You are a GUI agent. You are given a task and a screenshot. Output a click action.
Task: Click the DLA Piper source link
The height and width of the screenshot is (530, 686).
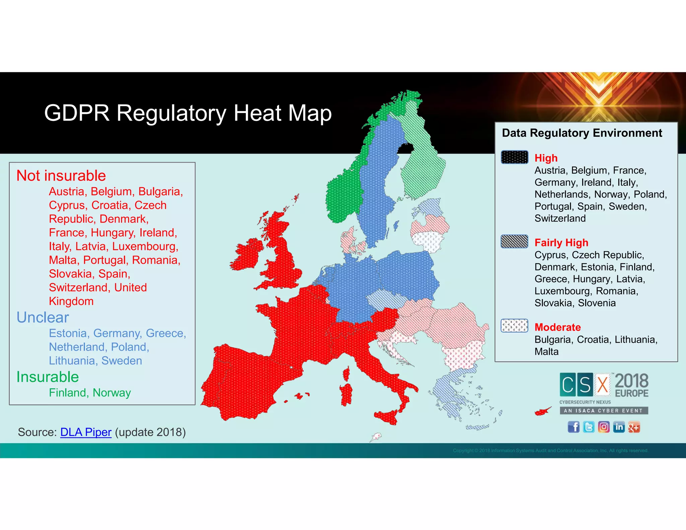[x=86, y=432]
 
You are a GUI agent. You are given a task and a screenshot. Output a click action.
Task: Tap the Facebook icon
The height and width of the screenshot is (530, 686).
[x=573, y=427]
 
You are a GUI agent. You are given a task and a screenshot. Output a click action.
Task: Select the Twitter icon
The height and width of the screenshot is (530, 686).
[x=589, y=427]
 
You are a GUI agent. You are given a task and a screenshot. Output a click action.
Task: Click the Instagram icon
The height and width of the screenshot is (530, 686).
[x=604, y=427]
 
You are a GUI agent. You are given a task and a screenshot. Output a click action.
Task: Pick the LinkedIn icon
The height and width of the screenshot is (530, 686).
[x=619, y=427]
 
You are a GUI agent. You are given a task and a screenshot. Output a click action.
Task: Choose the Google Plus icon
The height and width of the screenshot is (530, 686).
[x=634, y=427]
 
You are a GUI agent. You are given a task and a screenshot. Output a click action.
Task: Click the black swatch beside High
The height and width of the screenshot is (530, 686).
[x=514, y=157]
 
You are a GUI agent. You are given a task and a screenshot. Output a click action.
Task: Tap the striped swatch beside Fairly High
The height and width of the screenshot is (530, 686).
[x=514, y=241]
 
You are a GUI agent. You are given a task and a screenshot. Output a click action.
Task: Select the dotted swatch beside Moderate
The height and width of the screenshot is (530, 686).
[x=514, y=325]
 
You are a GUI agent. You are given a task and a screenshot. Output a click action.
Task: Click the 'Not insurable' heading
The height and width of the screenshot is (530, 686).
[x=61, y=176]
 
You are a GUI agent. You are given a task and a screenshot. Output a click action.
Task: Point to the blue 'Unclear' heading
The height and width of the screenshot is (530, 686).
[x=43, y=317]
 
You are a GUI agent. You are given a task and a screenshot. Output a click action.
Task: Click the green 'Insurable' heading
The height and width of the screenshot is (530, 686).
[x=48, y=377]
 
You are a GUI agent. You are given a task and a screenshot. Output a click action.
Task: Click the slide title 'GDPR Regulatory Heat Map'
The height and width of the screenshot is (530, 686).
[x=188, y=113]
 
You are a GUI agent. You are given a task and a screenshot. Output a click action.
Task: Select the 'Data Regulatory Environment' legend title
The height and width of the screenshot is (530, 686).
[x=582, y=133]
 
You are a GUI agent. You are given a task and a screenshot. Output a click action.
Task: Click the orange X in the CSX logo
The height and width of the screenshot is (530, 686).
[x=603, y=385]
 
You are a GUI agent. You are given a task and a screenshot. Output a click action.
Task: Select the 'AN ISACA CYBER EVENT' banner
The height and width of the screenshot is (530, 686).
[x=604, y=410]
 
